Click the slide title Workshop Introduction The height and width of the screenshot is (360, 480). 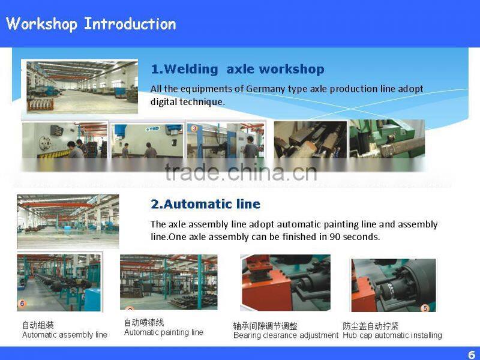(91, 24)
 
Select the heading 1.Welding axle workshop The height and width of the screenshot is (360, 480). (237, 69)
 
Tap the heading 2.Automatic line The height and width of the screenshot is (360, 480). (205, 204)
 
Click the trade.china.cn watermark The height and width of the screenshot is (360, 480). (240, 172)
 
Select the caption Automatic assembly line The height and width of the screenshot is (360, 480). (65, 335)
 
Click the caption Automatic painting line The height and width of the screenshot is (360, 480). (163, 332)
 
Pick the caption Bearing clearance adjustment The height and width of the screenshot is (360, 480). (286, 335)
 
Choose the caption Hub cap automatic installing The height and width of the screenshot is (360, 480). (392, 335)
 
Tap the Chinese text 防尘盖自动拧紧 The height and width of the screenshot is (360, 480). (370, 326)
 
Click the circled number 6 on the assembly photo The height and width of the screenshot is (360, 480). (22, 304)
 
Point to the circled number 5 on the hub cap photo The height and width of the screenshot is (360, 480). (425, 308)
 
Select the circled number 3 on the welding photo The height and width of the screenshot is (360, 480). (194, 128)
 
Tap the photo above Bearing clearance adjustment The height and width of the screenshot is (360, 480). (285, 282)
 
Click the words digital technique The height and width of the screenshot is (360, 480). (187, 102)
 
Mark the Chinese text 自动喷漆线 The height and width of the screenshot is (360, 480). (144, 323)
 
